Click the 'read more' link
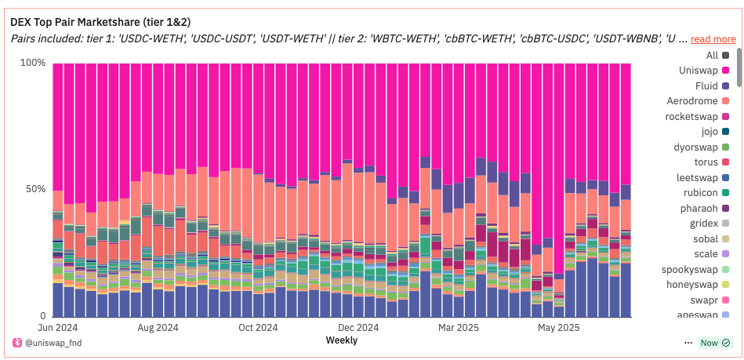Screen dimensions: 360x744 tap(713, 38)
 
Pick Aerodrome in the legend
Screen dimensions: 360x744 tap(695, 101)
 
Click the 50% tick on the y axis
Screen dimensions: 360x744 tap(34, 189)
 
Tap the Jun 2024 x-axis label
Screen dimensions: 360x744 tap(58, 328)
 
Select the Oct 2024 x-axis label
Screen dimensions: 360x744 tap(258, 328)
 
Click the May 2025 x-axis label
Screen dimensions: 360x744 tap(558, 328)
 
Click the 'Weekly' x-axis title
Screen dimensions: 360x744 tap(341, 340)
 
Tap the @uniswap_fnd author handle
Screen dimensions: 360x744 tap(52, 343)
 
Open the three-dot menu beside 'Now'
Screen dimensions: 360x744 tap(688, 343)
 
